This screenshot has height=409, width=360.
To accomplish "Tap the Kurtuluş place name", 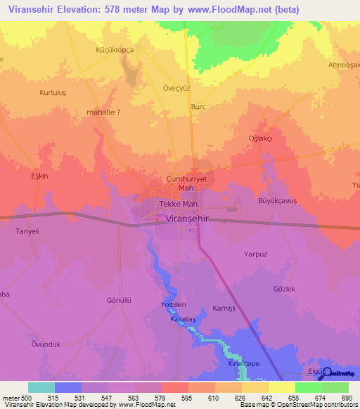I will [34, 93].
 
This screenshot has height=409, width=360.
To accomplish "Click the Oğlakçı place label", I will [260, 138].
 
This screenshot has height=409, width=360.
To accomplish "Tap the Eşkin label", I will [39, 176].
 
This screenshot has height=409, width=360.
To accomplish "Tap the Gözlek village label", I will [285, 289].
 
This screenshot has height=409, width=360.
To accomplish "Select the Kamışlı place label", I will [225, 309].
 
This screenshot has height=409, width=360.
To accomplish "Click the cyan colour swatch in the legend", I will [41, 387].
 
